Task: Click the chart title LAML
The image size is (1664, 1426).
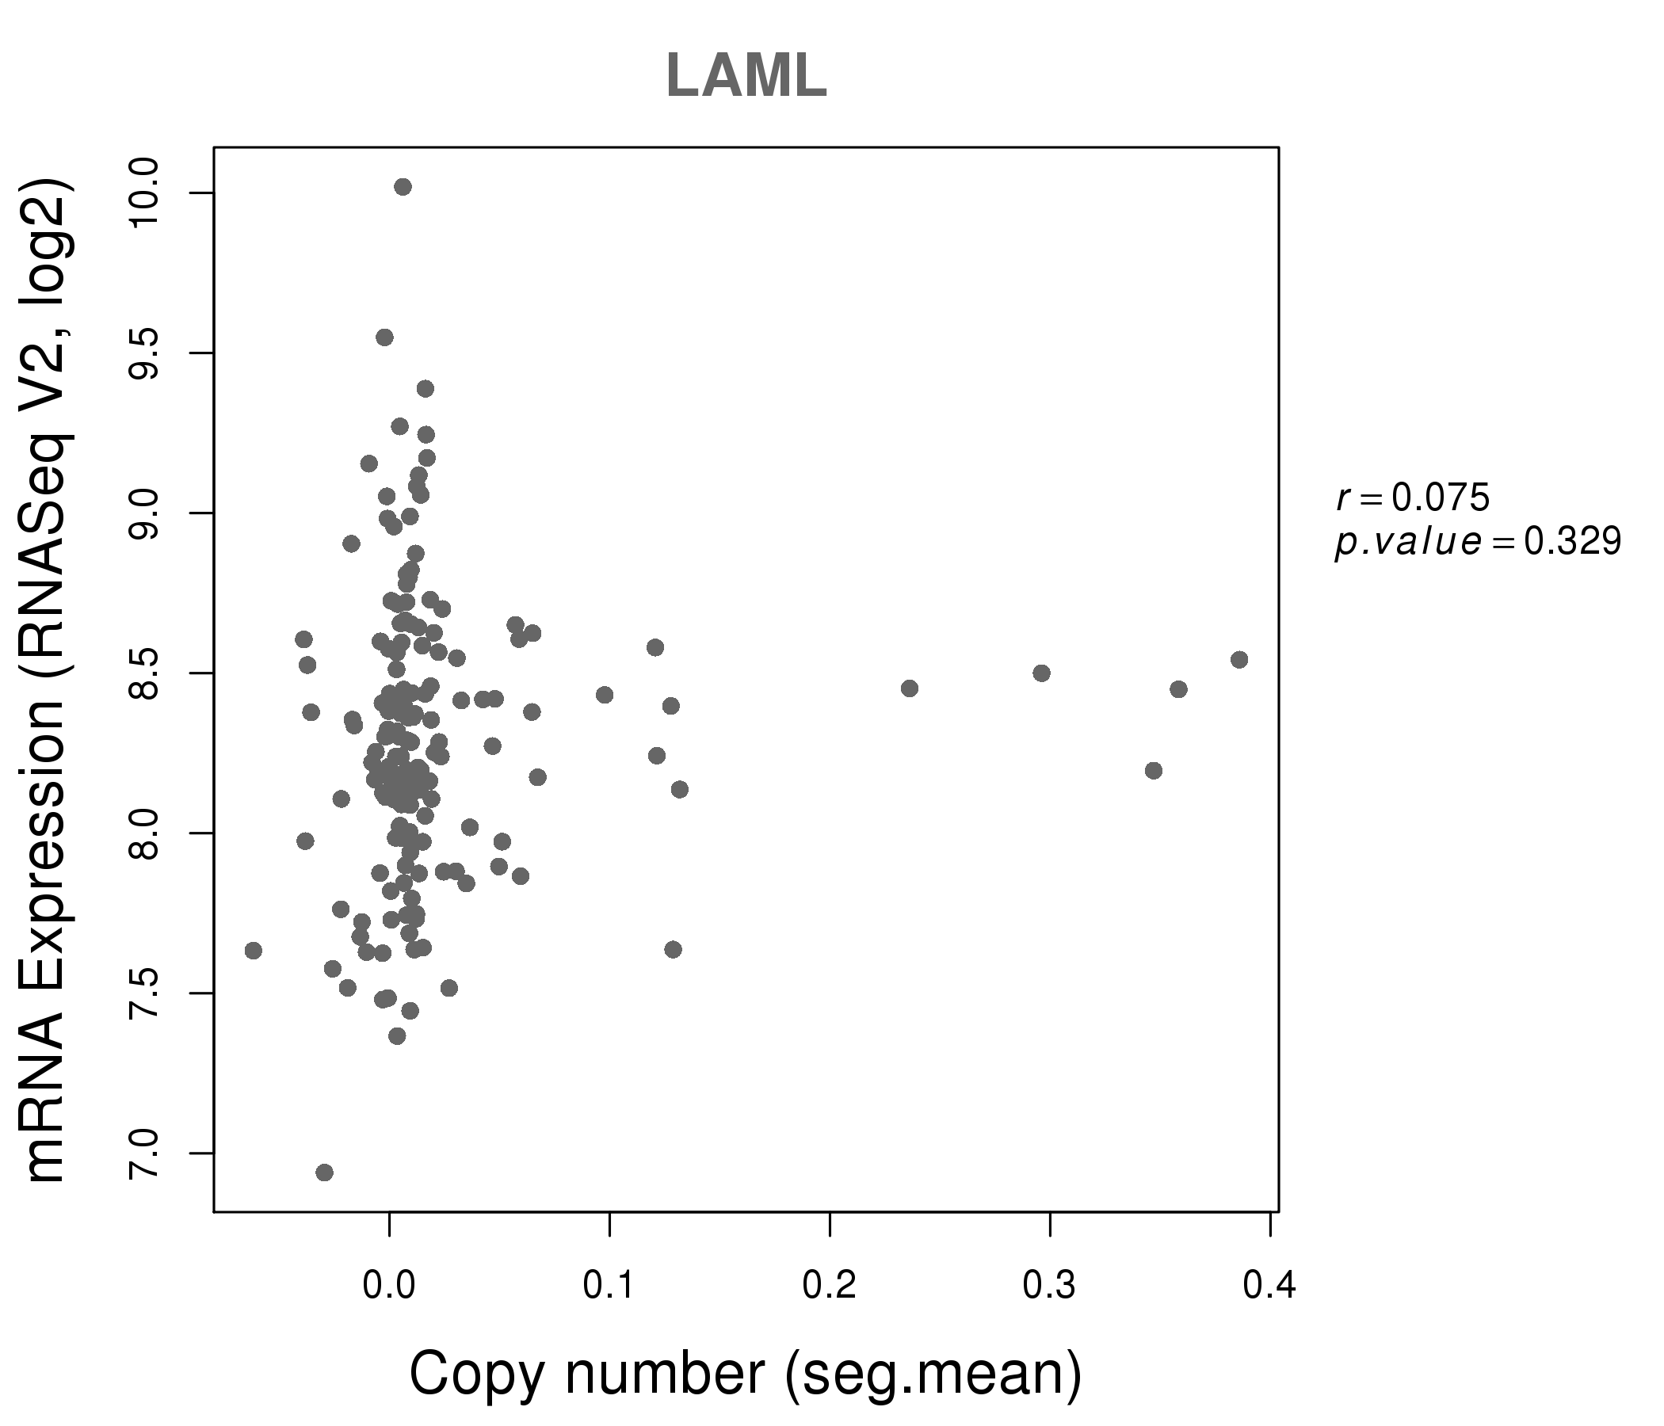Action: (x=746, y=76)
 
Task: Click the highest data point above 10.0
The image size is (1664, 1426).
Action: (x=403, y=187)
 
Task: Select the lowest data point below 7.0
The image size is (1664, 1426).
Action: (x=324, y=1172)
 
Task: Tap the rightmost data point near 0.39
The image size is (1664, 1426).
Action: (x=1239, y=659)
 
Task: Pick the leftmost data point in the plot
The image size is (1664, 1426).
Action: (x=254, y=951)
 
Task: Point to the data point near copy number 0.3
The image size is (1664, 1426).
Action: (x=1042, y=673)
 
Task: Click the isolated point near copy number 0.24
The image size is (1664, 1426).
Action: (x=909, y=688)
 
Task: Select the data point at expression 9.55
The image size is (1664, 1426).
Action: (x=384, y=337)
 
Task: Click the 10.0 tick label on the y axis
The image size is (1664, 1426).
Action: (x=144, y=193)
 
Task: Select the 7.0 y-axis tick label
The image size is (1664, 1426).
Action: (x=144, y=1153)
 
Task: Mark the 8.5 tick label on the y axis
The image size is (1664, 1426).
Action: (x=144, y=673)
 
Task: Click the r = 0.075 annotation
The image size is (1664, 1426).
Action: (x=1413, y=498)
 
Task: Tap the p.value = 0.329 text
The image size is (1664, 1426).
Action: (x=1478, y=543)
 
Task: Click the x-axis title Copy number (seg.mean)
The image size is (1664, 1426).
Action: (x=746, y=1374)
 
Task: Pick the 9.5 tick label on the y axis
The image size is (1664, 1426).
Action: (x=144, y=353)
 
